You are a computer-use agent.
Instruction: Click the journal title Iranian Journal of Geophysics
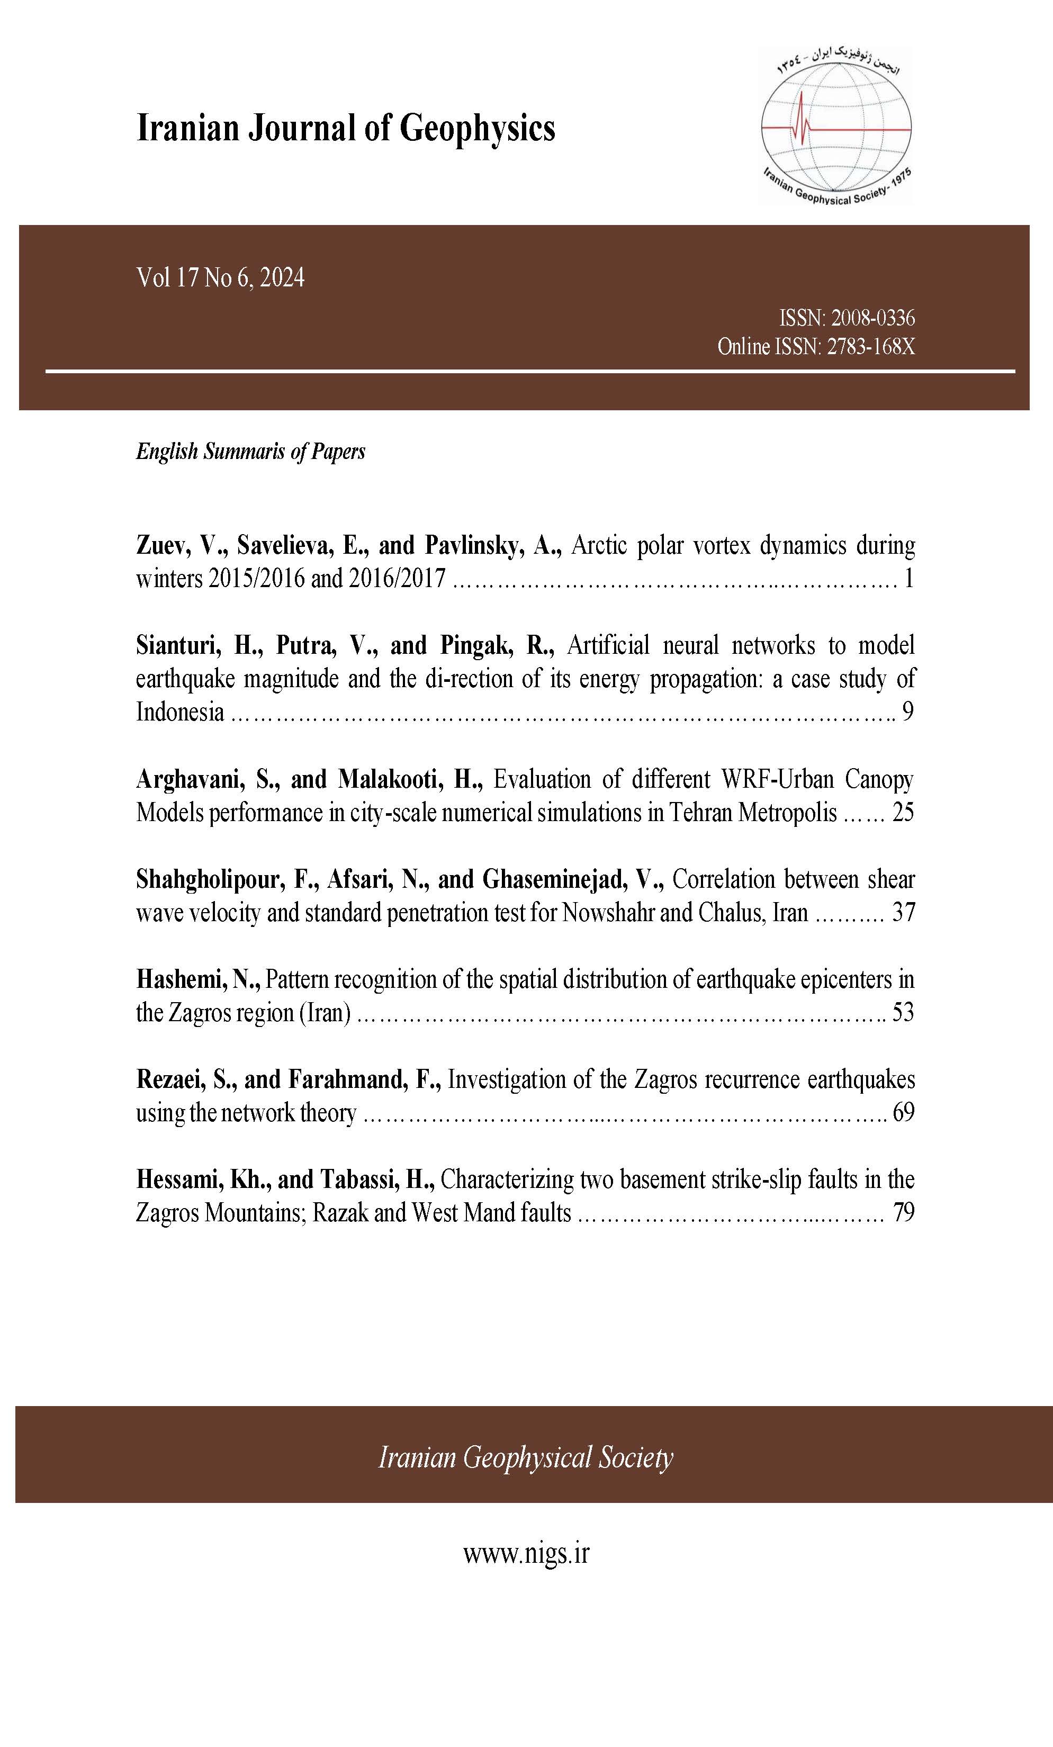click(x=345, y=129)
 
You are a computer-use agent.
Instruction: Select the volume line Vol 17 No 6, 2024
click(x=221, y=277)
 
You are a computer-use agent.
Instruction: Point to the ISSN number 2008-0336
click(x=873, y=318)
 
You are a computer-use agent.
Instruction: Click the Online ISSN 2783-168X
click(x=870, y=347)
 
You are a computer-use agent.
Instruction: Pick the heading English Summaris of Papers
click(x=250, y=452)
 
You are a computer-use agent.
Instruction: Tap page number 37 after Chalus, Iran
click(x=903, y=913)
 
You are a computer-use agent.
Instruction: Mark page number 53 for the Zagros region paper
click(x=903, y=1012)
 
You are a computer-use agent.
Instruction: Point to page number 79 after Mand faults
click(x=903, y=1212)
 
